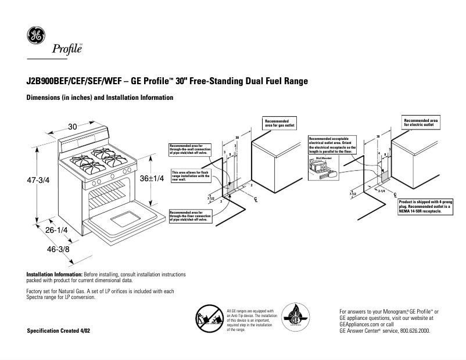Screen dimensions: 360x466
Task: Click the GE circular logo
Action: [x=36, y=36]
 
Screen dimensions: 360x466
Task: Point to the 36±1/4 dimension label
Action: [x=152, y=178]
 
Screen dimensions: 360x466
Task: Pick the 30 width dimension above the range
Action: [x=72, y=126]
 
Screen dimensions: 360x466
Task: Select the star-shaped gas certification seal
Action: [x=295, y=319]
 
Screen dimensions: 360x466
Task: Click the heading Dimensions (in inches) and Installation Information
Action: [x=100, y=98]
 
